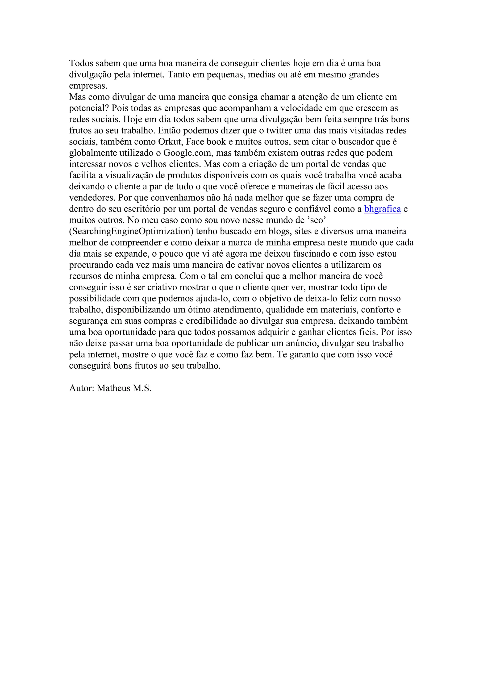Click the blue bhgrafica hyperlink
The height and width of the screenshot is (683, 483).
[383, 209]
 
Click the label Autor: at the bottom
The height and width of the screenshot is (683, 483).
[82, 388]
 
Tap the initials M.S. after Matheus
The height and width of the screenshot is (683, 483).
[142, 388]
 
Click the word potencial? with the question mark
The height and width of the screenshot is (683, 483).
[89, 108]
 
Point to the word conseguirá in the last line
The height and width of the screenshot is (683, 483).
[90, 366]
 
